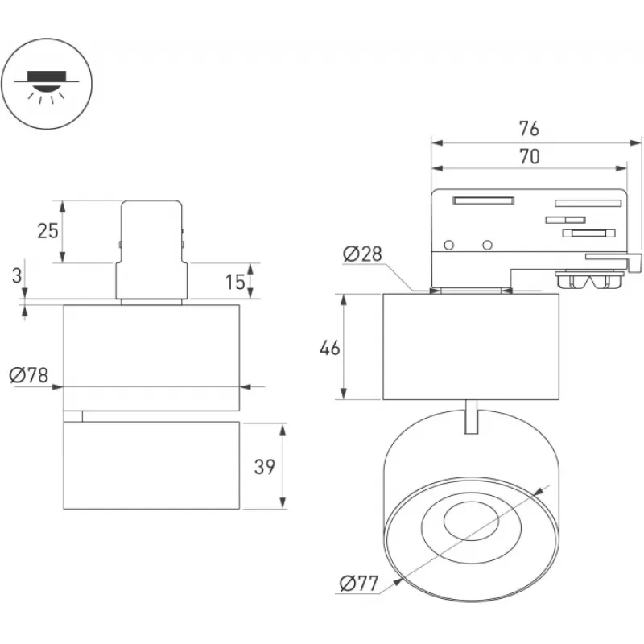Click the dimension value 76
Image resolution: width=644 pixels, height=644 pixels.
[x=528, y=129]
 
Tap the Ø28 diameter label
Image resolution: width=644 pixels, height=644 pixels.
[x=361, y=254]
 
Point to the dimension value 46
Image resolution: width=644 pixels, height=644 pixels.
[x=330, y=348]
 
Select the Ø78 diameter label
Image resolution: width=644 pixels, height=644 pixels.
[x=29, y=375]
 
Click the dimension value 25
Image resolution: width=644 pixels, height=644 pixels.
[x=47, y=231]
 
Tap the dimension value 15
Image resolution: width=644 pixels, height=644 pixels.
[x=235, y=282]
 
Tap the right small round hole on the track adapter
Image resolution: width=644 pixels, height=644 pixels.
[x=487, y=245]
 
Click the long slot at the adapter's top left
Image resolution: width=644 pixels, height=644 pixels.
[x=483, y=200]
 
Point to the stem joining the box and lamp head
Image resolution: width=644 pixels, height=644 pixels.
[x=473, y=415]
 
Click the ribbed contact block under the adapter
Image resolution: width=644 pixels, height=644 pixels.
[x=591, y=281]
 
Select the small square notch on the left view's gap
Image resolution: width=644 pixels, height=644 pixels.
[x=73, y=416]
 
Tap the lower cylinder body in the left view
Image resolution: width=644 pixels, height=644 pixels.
[x=152, y=465]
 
